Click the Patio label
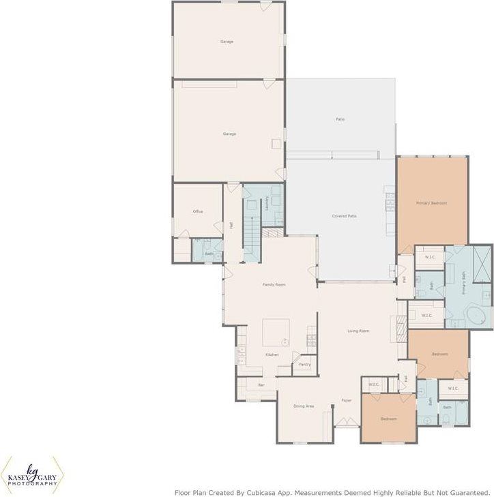[x=340, y=119]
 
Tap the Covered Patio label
[x=345, y=216]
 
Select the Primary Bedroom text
[x=432, y=203]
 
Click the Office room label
[x=198, y=211]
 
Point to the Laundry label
[x=266, y=202]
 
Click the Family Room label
[x=274, y=284]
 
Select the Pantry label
[x=304, y=365]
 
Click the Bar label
[x=261, y=386]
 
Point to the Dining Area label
[x=304, y=406]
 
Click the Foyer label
[x=347, y=401]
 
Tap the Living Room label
[x=358, y=331]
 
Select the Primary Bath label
[x=464, y=282]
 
